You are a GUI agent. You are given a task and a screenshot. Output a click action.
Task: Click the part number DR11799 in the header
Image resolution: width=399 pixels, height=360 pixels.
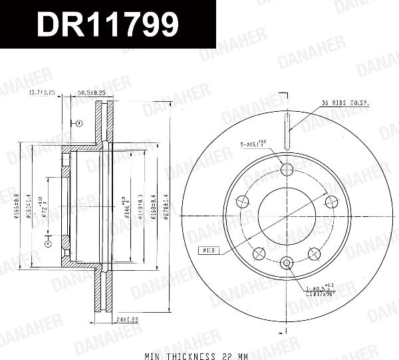pos(107,25)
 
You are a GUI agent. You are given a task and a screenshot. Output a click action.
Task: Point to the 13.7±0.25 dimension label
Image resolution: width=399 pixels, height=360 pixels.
pos(42,92)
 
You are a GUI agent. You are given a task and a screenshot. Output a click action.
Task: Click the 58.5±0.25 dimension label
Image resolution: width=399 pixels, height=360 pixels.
pos(92,92)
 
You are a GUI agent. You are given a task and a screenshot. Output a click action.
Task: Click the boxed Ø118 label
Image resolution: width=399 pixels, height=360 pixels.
pos(209,251)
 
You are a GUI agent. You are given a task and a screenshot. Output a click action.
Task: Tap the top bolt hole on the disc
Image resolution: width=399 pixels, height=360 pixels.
pos(287,170)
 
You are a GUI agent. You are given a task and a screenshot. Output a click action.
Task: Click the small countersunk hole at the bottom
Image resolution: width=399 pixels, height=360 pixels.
pos(287,264)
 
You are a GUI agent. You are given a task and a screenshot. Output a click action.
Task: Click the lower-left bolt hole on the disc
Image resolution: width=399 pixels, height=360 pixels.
pos(260,252)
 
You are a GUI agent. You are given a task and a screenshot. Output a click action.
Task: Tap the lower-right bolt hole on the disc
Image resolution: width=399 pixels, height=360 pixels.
pos(313,252)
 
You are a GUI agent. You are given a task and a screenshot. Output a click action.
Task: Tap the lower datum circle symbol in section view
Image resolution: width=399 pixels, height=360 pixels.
pos(48,245)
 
